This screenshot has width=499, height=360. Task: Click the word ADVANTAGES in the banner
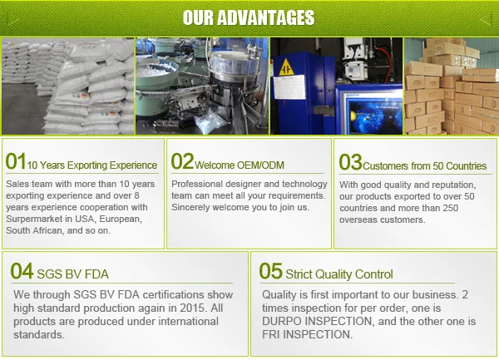266,17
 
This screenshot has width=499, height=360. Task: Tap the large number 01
16,161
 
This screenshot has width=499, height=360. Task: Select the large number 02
182,161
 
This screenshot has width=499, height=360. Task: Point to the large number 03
350,162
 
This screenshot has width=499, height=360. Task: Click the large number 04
22,271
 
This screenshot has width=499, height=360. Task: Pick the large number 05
270,271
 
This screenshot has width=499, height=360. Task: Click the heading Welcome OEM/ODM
240,165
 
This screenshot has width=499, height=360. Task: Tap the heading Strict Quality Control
339,274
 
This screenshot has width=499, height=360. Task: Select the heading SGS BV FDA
73,274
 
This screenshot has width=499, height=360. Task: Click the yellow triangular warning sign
286,67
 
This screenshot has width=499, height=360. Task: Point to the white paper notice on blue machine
289,86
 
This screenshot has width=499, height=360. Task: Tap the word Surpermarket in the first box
34,219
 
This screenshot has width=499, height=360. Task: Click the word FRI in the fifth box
271,335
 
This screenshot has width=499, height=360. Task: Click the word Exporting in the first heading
86,165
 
